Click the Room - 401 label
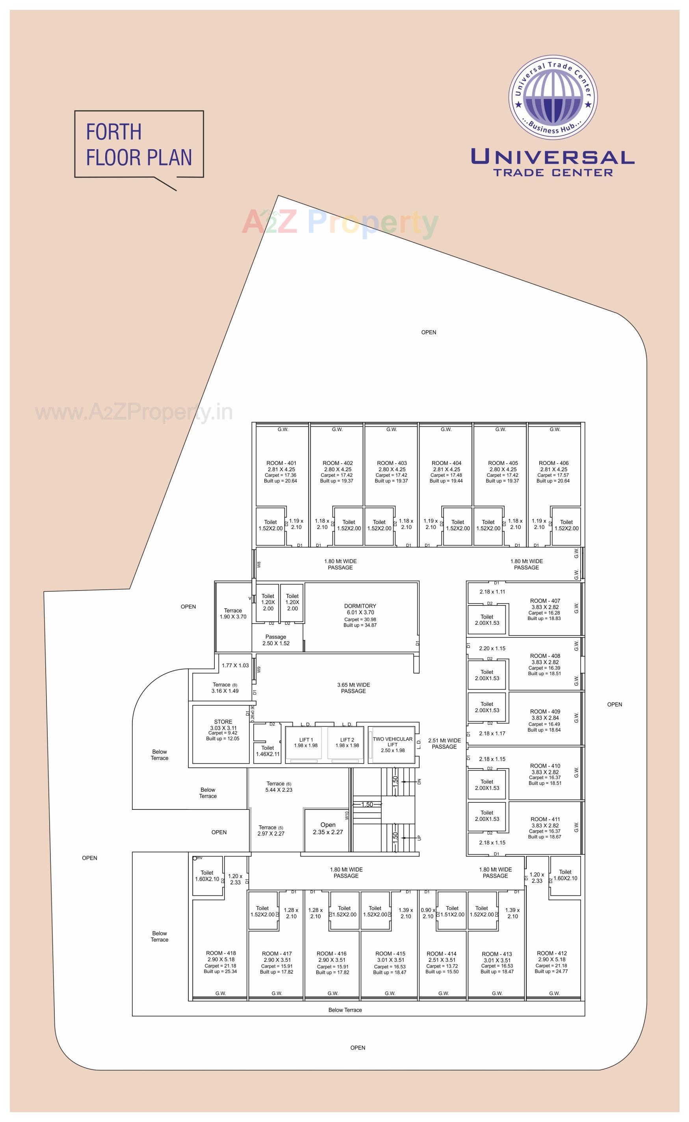[x=281, y=463]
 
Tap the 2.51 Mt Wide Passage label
[x=444, y=744]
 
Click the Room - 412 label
[x=552, y=953]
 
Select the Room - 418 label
[x=221, y=953]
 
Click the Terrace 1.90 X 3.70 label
[x=233, y=613]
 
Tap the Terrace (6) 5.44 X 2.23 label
[x=279, y=787]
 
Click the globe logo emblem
[x=553, y=98]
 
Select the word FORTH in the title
[x=114, y=132]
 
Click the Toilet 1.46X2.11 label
[x=267, y=751]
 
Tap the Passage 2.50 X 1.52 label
[x=276, y=640]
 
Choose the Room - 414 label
[x=442, y=954]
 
